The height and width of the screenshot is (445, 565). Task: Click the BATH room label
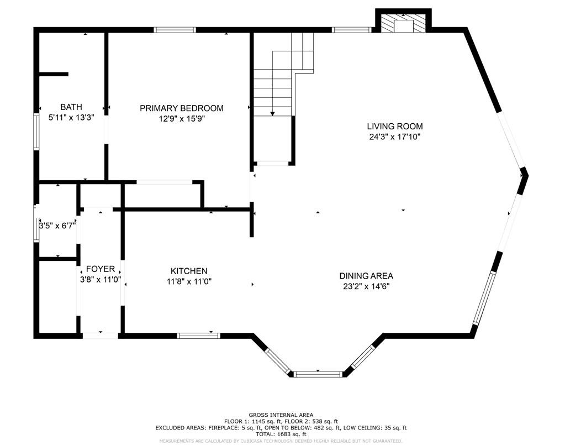71,107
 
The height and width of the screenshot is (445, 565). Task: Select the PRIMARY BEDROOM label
182,108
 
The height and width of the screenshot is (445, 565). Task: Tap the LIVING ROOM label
395,126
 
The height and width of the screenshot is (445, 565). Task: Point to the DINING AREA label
366,276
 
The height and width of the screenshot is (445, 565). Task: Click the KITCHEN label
189,271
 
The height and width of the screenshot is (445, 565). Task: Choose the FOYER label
101,269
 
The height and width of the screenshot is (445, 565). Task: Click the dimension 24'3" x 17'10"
395,137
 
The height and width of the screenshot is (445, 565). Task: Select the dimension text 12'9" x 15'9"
182,119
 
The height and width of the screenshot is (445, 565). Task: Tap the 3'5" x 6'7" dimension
57,226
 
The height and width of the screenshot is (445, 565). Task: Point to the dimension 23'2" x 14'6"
367,287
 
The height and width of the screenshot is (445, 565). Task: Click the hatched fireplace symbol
403,23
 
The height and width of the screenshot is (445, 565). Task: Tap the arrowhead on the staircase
272,113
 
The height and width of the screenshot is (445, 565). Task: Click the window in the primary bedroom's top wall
175,30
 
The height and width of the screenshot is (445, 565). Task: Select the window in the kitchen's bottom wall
198,336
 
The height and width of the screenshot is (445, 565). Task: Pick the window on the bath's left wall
36,131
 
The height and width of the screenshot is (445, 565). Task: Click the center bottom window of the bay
318,374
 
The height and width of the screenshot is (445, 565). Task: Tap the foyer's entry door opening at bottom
100,336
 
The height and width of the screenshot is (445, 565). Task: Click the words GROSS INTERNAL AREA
281,415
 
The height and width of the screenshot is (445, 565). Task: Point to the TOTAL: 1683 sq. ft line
281,434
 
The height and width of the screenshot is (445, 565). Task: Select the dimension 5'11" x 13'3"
71,118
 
